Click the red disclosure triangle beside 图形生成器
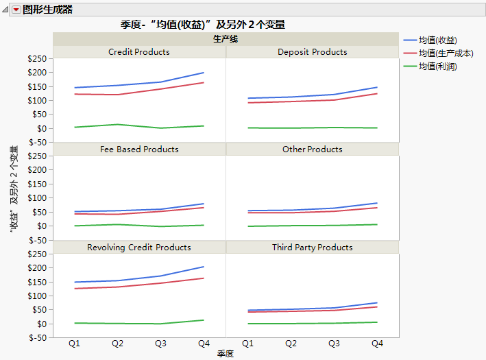pos(16,10)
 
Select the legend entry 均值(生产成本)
pos(446,53)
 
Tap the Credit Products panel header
pos(139,52)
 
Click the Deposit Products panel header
pos(312,52)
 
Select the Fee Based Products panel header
pos(139,149)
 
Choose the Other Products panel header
pos(312,149)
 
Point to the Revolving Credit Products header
pos(139,248)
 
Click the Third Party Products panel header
pos(312,248)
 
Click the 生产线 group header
pos(226,39)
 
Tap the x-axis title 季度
pos(226,354)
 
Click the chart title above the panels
pos(203,24)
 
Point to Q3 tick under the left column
pos(160,342)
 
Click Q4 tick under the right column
pos(376,342)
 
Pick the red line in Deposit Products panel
pos(312,101)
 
